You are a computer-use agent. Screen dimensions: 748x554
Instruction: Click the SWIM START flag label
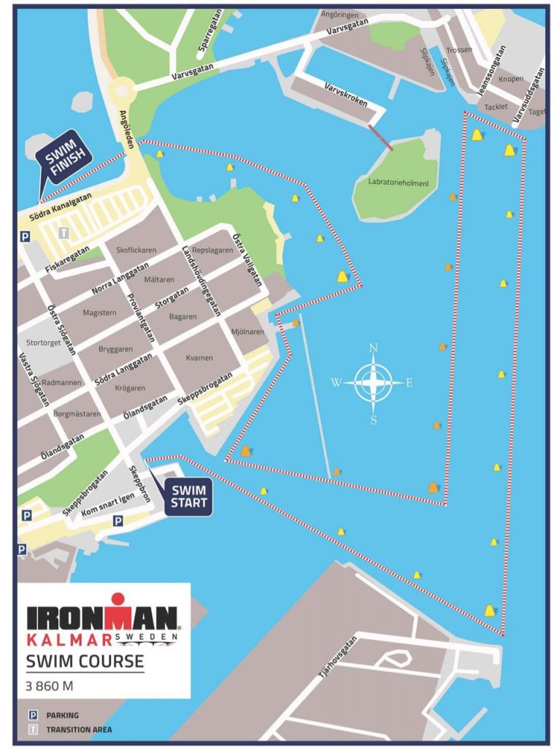point(189,497)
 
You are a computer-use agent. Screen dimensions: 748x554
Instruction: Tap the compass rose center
point(373,382)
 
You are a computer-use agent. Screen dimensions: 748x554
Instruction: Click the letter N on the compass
point(373,348)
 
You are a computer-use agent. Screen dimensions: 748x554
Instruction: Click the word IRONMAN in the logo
point(102,618)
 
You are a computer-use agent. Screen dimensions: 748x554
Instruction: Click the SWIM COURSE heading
point(85,663)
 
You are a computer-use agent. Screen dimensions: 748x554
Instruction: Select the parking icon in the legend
point(32,715)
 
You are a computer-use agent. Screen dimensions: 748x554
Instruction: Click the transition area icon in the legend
point(32,729)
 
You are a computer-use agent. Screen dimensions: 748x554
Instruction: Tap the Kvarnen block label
point(199,358)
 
